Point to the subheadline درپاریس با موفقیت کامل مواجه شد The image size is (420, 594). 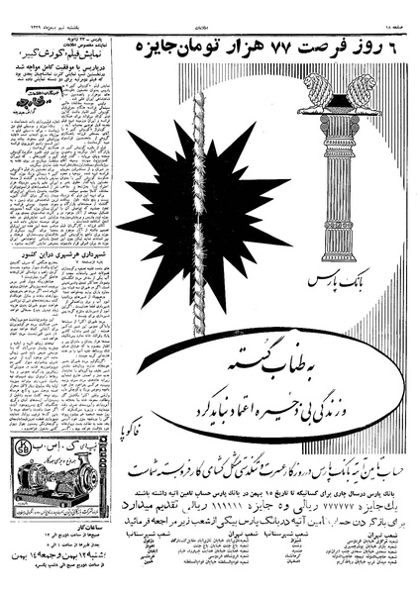click(x=61, y=95)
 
